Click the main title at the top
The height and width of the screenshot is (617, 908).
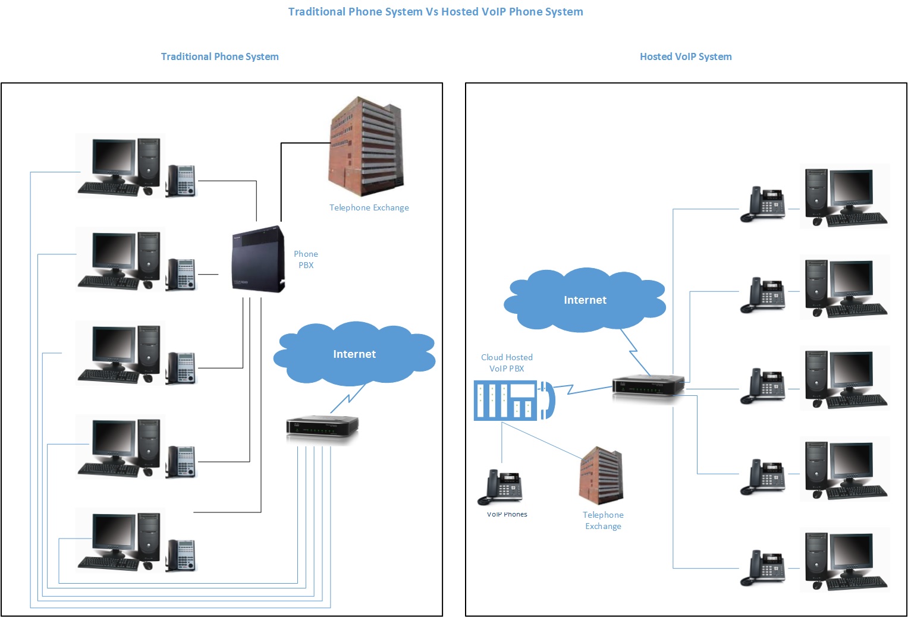pos(435,12)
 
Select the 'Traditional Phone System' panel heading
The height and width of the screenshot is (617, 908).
pos(219,56)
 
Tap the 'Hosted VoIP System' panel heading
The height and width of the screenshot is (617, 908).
pos(686,56)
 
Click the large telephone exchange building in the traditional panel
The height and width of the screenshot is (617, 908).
pos(366,147)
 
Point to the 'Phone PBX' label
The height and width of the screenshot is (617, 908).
pos(306,260)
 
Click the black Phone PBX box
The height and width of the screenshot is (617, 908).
pos(258,260)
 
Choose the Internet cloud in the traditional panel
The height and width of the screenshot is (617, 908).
pos(354,354)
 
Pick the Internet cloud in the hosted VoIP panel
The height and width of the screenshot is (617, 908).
pos(585,300)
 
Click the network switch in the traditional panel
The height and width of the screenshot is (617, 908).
pos(322,427)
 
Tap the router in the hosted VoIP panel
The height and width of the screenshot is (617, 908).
pos(648,388)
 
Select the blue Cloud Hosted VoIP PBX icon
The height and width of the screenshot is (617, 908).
pos(514,401)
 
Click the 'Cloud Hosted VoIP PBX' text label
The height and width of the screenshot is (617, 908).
pos(507,363)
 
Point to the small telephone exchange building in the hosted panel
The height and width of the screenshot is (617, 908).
pos(601,476)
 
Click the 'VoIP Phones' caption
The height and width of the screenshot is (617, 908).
pos(507,514)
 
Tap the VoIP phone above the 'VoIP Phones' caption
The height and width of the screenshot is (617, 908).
pos(501,487)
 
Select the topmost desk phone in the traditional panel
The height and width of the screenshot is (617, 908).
pos(181,180)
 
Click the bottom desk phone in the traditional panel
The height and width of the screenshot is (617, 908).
pos(181,555)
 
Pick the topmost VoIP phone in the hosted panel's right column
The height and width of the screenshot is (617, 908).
pos(763,205)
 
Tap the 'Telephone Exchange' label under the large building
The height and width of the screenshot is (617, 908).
pos(369,207)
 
